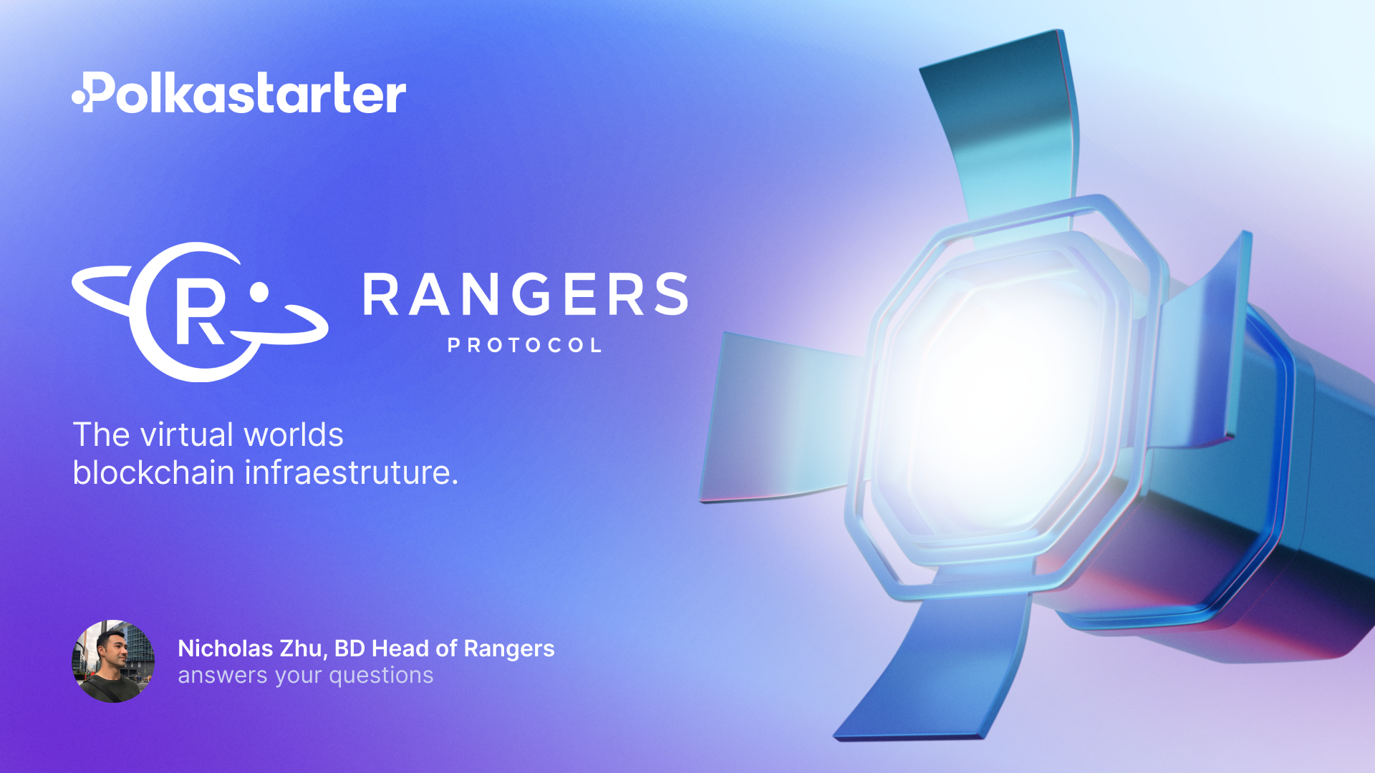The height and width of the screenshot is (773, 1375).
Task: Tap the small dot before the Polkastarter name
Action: [x=78, y=97]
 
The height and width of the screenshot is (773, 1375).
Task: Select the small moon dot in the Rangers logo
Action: [x=259, y=292]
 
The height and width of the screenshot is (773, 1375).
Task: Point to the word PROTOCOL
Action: [x=525, y=346]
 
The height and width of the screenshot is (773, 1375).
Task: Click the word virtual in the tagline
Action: [x=186, y=435]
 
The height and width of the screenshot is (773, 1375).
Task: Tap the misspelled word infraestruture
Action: [x=351, y=473]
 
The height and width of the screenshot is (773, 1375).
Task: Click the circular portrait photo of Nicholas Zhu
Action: [x=113, y=661]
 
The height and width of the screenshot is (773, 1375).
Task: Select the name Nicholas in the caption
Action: [x=225, y=648]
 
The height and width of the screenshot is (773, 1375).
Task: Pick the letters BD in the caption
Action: [x=349, y=648]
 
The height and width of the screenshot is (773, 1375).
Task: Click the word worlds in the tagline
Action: [x=294, y=435]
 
